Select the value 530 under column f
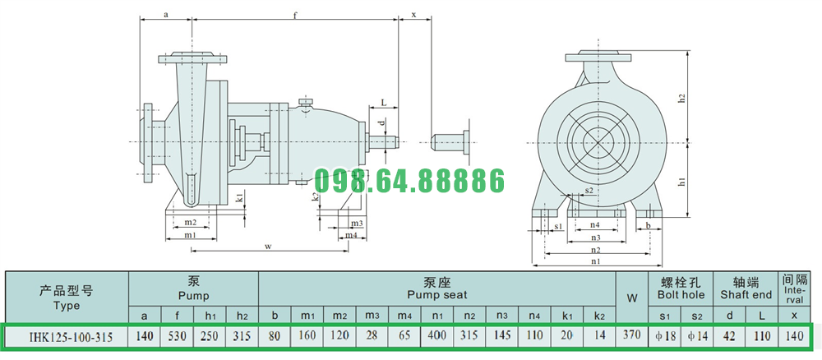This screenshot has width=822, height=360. (x=178, y=335)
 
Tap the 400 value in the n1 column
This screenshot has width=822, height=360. (x=436, y=335)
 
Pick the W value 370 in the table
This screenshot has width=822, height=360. (x=631, y=335)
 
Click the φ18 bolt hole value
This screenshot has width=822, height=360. (x=665, y=335)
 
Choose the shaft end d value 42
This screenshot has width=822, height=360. (x=730, y=335)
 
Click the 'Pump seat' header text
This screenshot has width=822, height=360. (x=437, y=295)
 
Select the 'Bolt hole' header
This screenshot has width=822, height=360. (x=681, y=295)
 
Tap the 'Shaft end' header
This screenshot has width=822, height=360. (x=746, y=295)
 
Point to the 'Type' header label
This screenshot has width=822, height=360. (x=66, y=306)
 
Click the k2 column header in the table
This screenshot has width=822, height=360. (x=599, y=316)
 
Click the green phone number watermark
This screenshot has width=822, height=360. (x=409, y=182)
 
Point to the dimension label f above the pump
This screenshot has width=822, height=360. (x=296, y=15)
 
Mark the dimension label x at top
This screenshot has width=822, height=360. (x=413, y=15)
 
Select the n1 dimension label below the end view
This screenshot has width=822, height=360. (x=595, y=261)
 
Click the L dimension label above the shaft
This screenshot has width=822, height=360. (x=384, y=104)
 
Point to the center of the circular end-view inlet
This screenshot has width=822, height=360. (x=598, y=141)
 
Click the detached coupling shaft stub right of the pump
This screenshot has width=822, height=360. (x=450, y=141)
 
